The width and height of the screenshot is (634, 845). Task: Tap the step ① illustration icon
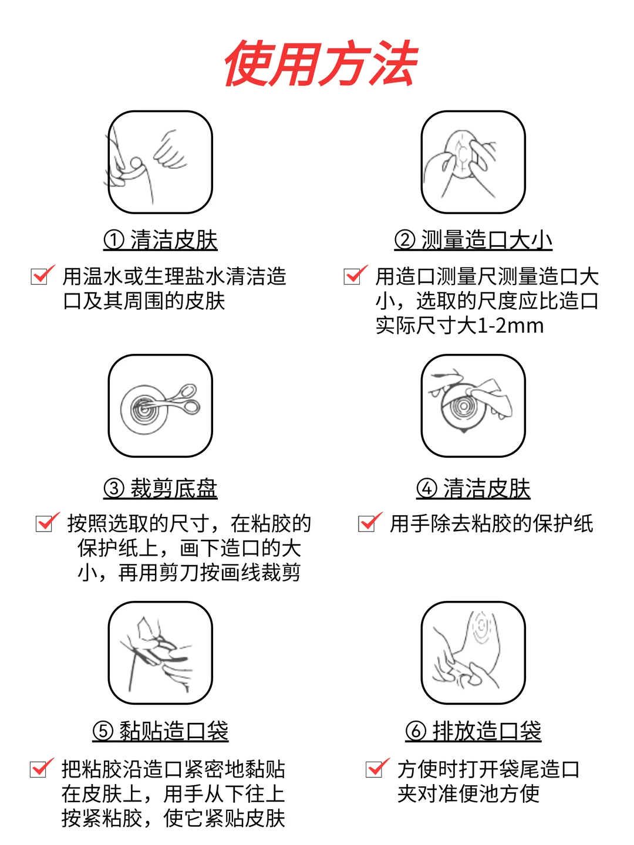pos(160,162)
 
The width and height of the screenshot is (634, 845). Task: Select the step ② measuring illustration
pos(473,162)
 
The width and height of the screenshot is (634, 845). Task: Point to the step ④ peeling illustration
pos(473,405)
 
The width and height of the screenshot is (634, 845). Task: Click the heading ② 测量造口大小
pos(473,240)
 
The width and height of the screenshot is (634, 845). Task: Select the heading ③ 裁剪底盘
pos(160,488)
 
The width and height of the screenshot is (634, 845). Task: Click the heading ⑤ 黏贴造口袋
pos(160,731)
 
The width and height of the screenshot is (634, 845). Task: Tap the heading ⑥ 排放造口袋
pos(473,731)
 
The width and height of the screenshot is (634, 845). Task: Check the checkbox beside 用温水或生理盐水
pos(39,276)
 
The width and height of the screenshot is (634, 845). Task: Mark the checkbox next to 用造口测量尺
pos(352,276)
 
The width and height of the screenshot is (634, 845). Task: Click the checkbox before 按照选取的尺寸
pos(44,523)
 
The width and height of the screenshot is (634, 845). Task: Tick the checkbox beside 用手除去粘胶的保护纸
pos(366,523)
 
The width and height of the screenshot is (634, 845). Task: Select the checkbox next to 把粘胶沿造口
pos(39,769)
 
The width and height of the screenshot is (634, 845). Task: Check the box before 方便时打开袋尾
pos(374,769)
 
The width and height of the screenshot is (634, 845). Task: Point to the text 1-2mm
pos(511,326)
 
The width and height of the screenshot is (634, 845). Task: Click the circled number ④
pos(427,489)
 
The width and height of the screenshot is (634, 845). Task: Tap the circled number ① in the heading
pos(114,240)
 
